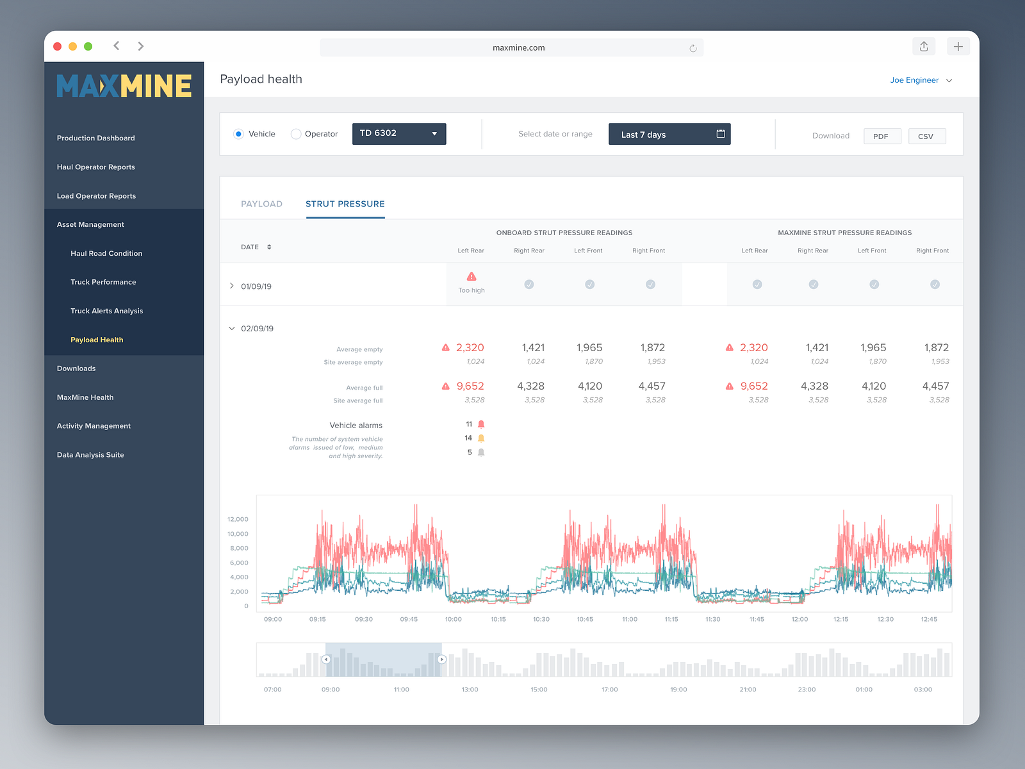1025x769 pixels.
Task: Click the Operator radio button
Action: [x=295, y=134]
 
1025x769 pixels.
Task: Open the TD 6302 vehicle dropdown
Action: [x=399, y=134]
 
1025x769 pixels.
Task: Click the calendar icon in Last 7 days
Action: [x=721, y=134]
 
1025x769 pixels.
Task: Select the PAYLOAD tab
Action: [x=261, y=204]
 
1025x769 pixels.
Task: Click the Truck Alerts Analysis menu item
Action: [x=106, y=311]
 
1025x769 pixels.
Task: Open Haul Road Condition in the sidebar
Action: [x=106, y=253]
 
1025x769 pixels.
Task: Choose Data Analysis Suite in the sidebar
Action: [x=90, y=455]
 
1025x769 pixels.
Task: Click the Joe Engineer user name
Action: [x=914, y=80]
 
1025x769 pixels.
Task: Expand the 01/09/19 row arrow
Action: [x=232, y=286]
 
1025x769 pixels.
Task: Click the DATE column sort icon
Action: [x=269, y=247]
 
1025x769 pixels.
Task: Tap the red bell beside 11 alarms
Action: [x=481, y=424]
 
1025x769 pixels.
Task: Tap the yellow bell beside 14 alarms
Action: [x=481, y=438]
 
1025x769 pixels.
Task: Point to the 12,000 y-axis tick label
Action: [x=238, y=519]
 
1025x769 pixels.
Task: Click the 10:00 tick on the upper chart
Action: [x=453, y=619]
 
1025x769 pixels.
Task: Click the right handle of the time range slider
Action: [x=442, y=659]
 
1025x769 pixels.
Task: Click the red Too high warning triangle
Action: [x=471, y=276]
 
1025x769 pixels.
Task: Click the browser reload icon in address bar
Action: [x=693, y=48]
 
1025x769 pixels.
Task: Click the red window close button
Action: [x=58, y=46]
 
